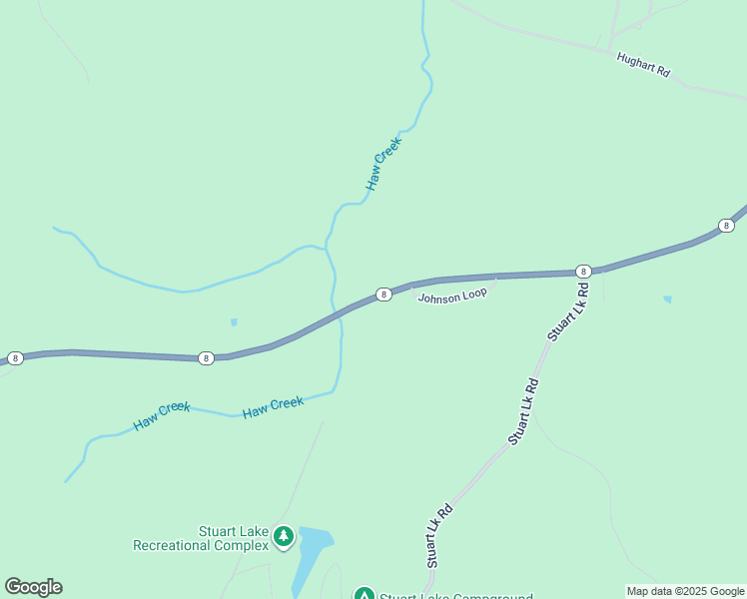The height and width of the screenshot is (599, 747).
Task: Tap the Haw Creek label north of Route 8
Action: point(382,164)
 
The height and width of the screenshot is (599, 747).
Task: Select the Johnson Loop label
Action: point(451,297)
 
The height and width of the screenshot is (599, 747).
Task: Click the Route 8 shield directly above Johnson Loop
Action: point(382,295)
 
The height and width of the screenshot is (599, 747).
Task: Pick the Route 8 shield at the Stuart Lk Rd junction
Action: point(583,272)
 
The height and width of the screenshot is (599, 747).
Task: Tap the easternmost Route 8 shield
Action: point(726,227)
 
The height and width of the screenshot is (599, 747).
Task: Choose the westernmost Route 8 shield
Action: point(15,357)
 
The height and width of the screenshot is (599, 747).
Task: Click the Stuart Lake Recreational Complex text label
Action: point(202,538)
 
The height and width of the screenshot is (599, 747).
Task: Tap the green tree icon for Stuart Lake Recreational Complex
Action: point(284,537)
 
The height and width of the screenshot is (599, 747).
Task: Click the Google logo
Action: point(33,587)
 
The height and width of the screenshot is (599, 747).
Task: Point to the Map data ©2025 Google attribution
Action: point(685,591)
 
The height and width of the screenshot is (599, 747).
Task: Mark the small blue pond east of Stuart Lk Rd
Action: point(667,299)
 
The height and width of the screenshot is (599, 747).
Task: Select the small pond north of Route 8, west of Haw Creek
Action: point(234,321)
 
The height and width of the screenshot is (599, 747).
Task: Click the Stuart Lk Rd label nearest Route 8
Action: point(566,312)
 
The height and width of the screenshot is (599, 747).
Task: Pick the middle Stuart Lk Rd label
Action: point(523,410)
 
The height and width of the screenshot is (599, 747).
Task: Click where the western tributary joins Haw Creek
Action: point(327,248)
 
